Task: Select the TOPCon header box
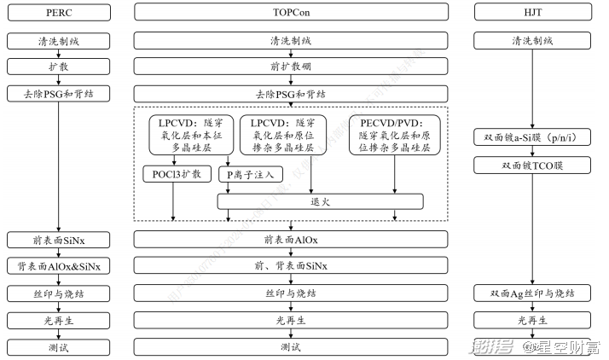[291, 12]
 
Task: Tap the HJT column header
[533, 12]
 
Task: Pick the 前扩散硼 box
[291, 67]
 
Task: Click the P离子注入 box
[250, 175]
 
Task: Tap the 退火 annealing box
[320, 202]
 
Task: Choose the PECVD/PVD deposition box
[394, 135]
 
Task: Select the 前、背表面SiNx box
[291, 266]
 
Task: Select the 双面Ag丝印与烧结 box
[533, 293]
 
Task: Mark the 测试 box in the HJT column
[533, 347]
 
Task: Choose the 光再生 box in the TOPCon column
[291, 321]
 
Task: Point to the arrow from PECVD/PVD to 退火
[394, 175]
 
